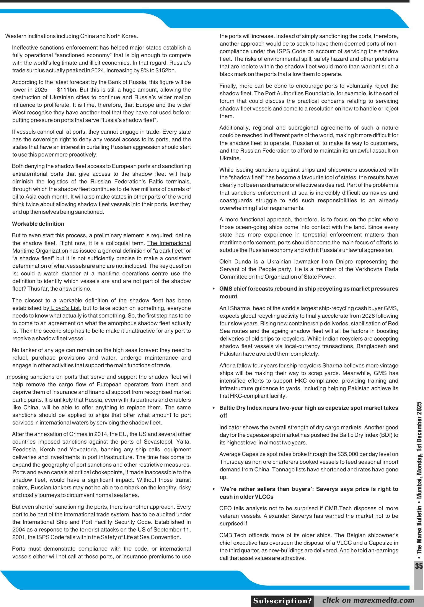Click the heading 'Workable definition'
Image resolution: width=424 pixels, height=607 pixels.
[x=38, y=224]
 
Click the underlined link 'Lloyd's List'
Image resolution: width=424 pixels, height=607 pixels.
[x=65, y=308]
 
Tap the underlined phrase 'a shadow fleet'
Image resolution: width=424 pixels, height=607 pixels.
[x=34, y=258]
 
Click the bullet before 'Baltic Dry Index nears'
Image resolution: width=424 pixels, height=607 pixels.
[x=214, y=408]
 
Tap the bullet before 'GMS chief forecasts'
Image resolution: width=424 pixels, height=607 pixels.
[x=214, y=289]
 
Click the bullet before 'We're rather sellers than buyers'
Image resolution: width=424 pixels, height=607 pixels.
[x=214, y=489]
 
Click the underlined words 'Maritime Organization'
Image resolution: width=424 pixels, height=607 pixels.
[x=40, y=251]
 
